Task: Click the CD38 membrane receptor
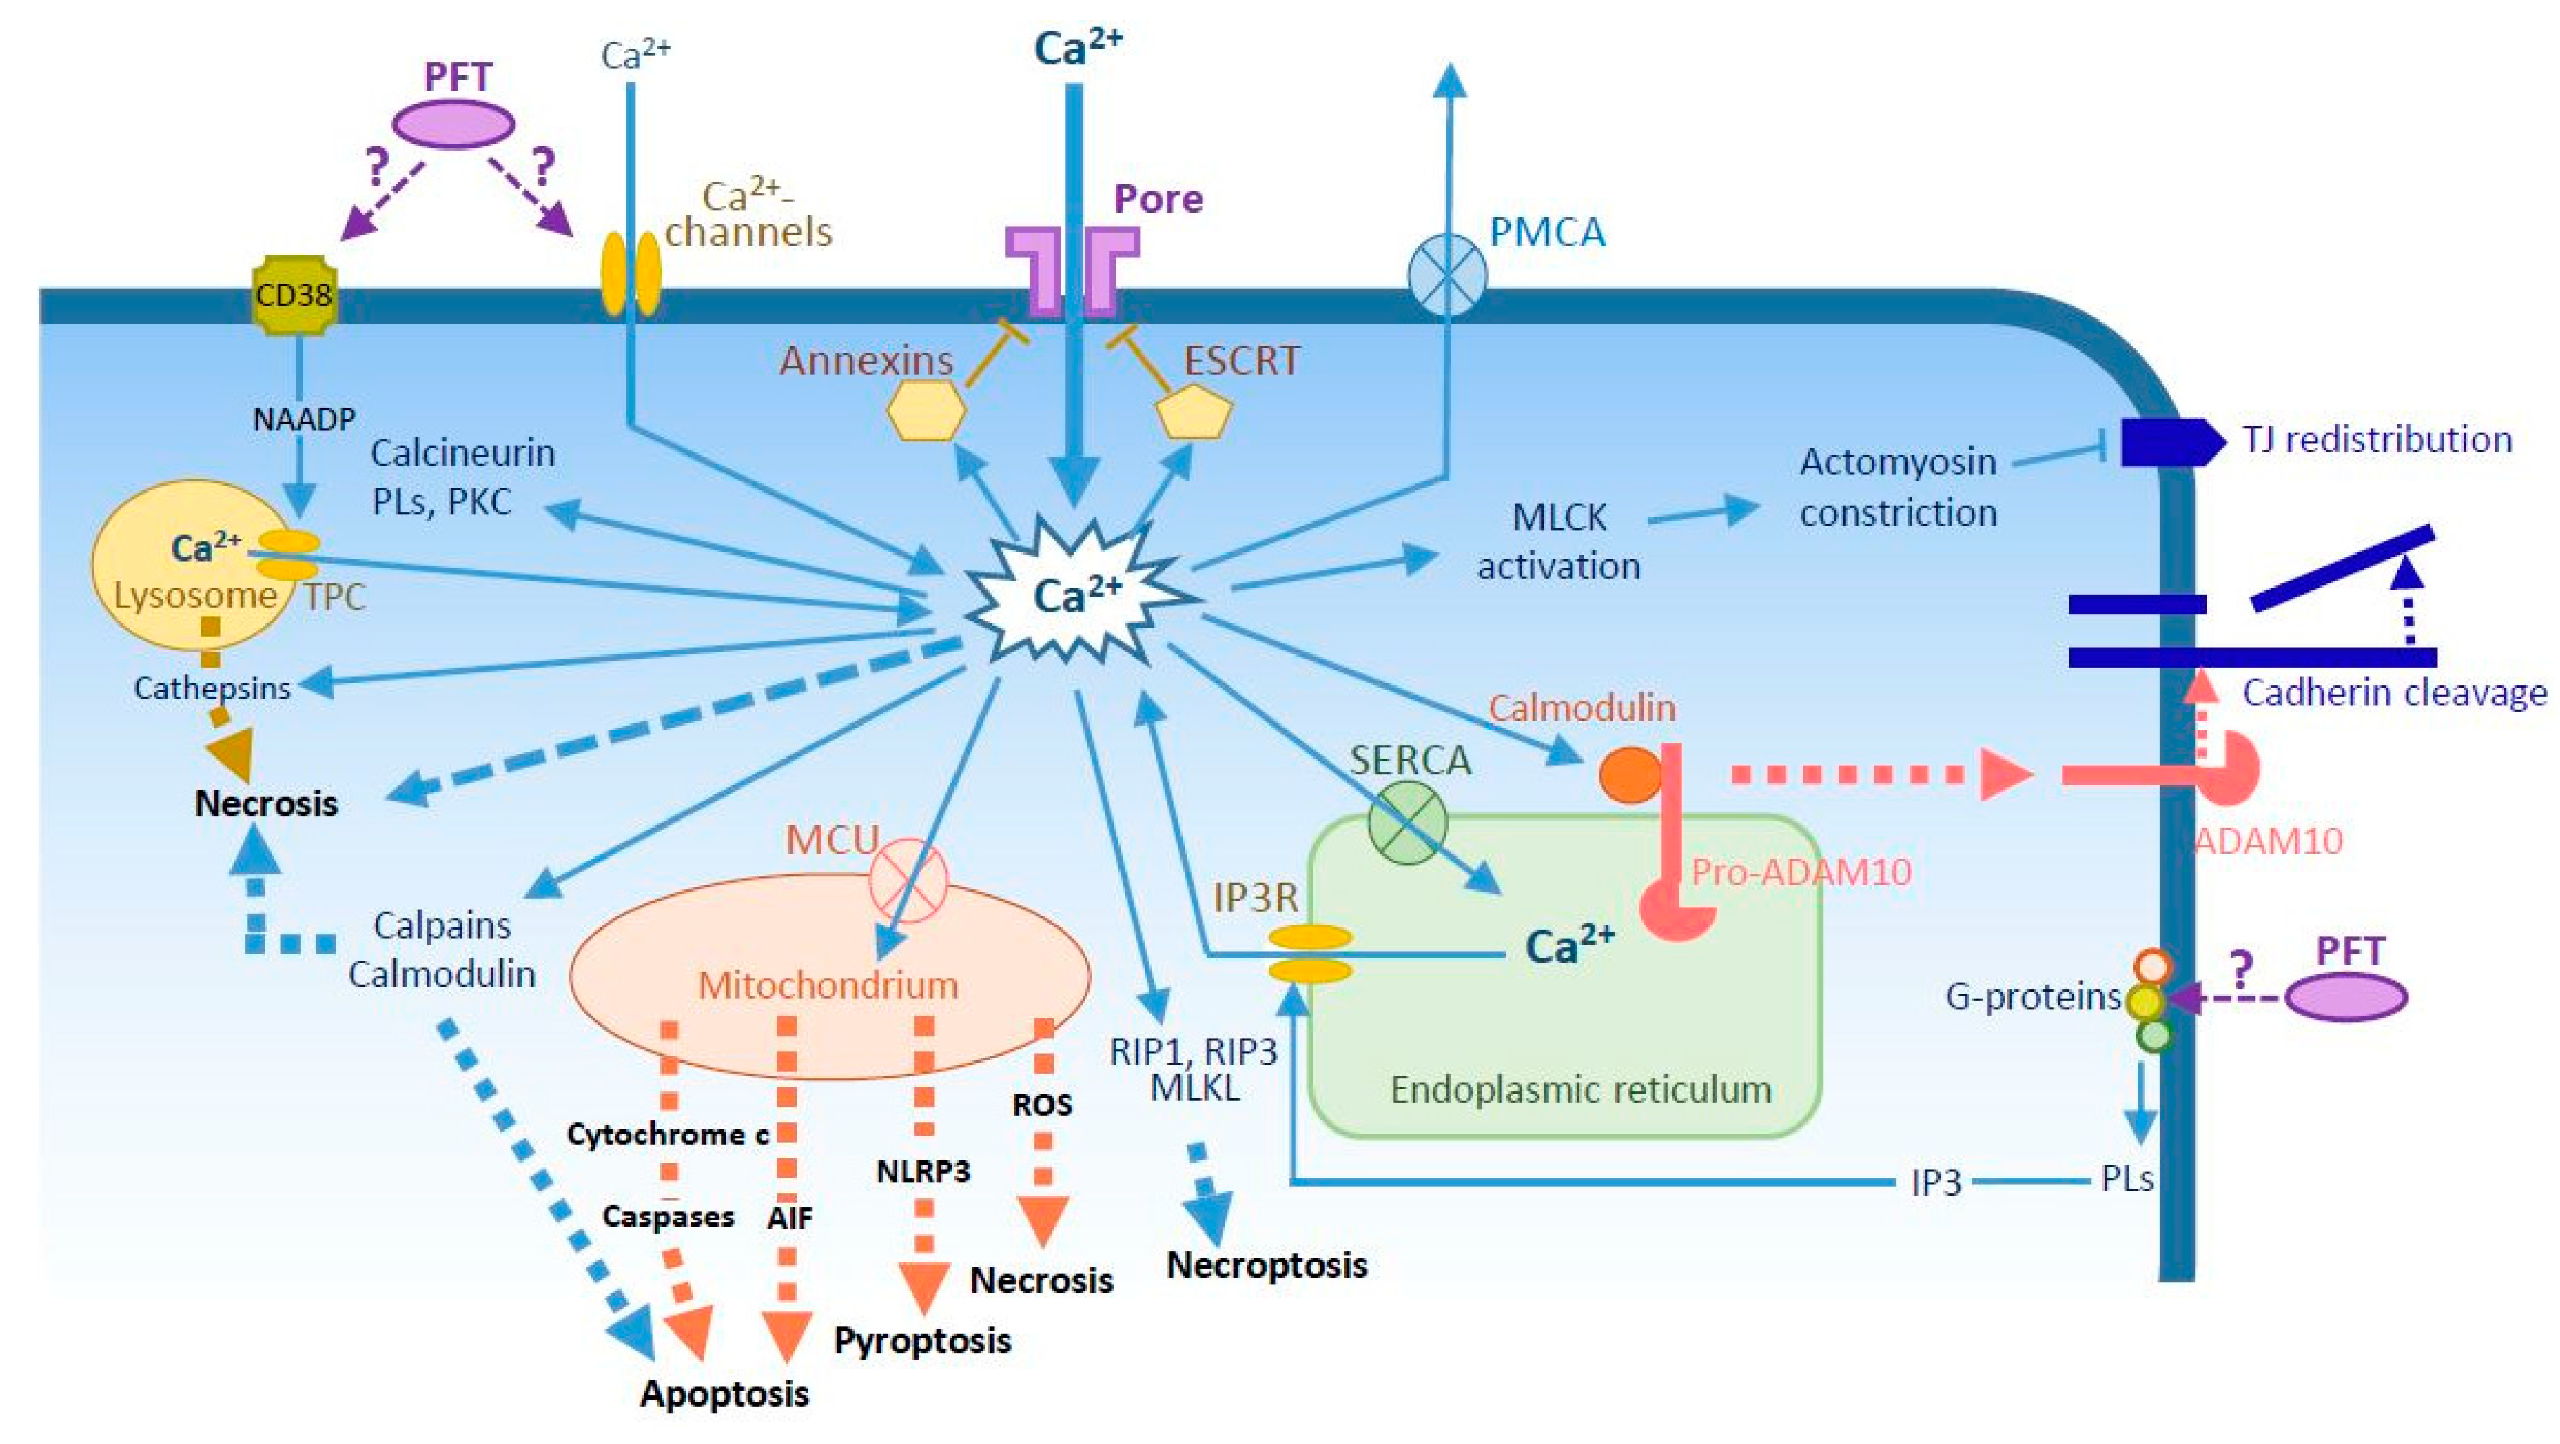tap(294, 295)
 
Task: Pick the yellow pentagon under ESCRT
tap(1194, 412)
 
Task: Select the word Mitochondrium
tap(827, 985)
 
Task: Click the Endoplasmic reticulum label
tap(1580, 1090)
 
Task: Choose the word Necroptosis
tap(1266, 1265)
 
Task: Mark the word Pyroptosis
tap(922, 1341)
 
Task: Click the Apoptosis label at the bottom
tap(724, 1393)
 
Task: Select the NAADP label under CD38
tap(303, 419)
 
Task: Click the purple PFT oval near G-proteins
tap(2345, 996)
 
